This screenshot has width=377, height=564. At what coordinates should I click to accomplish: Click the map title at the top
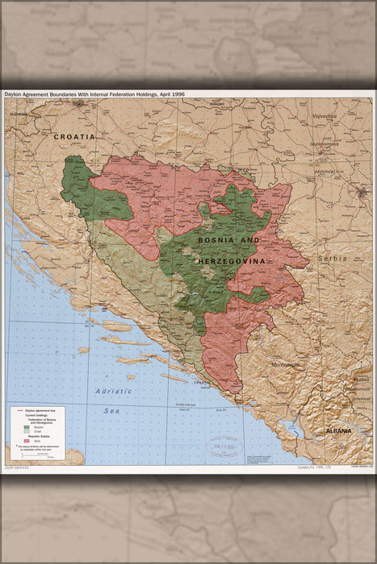tap(95, 94)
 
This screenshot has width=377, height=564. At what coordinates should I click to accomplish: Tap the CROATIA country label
tap(74, 137)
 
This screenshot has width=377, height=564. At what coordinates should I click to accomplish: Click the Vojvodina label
tap(325, 116)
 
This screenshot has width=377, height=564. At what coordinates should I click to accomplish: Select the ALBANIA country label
tap(338, 431)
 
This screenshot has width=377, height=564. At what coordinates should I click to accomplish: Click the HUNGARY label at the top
tap(216, 104)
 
